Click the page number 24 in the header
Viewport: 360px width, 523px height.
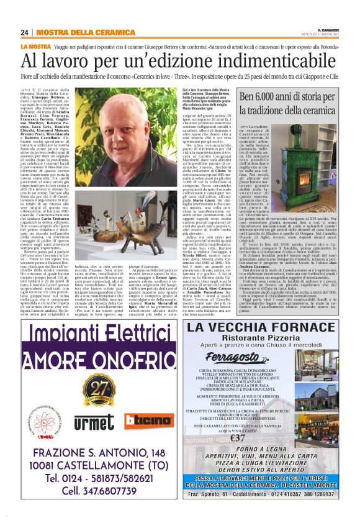25,32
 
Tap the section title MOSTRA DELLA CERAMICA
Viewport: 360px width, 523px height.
76,32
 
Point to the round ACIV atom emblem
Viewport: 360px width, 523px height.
43,411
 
